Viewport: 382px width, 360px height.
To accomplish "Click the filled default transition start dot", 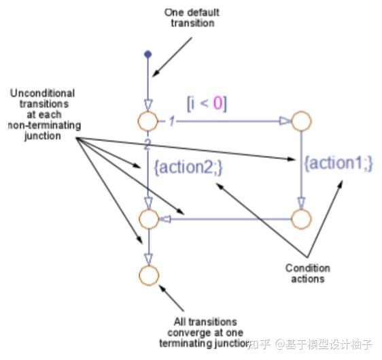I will coord(147,54).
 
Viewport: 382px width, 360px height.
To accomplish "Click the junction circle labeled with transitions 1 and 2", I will coord(147,122).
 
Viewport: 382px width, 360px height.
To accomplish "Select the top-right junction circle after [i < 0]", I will coord(300,122).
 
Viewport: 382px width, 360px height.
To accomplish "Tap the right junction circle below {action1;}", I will coord(300,218).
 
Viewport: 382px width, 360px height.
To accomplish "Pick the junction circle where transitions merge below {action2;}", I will coord(147,218).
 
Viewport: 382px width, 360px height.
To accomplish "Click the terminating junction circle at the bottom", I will coord(147,276).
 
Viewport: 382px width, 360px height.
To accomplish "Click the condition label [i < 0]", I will coord(207,104).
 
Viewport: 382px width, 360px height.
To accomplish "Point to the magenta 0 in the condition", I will coord(218,104).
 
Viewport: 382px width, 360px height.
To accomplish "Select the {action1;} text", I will coord(338,163).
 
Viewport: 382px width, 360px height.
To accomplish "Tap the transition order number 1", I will coord(172,121).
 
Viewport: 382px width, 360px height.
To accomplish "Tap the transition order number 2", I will coord(147,144).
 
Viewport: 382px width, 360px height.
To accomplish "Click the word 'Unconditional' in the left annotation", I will coord(43,93).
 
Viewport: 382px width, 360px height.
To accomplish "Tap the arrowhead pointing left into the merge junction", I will coord(164,218).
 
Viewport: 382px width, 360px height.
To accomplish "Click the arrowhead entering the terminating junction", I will coord(147,259).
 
